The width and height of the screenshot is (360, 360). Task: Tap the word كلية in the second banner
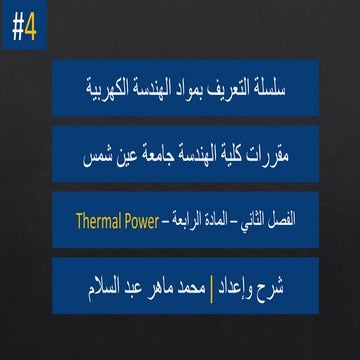coord(226,157)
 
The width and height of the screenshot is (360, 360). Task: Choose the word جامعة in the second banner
coord(148,157)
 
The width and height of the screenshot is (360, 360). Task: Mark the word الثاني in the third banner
coord(239,215)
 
